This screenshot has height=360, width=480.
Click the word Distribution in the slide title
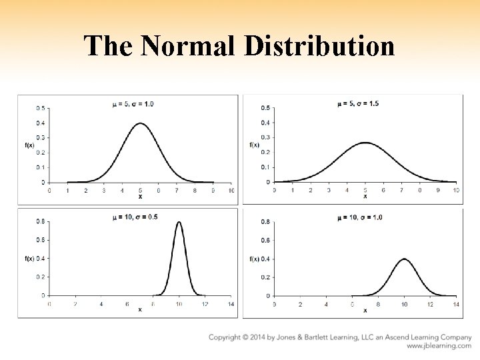[319, 46]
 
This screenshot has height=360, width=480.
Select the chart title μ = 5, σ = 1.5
[358, 103]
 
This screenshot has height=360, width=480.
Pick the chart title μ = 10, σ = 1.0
[360, 217]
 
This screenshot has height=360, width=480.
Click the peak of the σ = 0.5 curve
[179, 223]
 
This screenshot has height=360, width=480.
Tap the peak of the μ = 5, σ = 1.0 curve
[140, 123]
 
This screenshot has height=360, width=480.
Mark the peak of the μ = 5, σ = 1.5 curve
[365, 143]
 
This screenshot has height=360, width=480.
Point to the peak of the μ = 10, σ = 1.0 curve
[404, 259]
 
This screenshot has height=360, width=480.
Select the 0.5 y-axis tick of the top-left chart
[41, 108]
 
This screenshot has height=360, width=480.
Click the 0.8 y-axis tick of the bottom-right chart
[265, 221]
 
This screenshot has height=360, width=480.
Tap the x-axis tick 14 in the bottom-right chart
[456, 304]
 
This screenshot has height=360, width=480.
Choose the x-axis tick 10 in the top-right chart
[456, 190]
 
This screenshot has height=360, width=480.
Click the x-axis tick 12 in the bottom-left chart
[205, 304]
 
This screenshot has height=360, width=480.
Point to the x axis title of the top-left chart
[140, 197]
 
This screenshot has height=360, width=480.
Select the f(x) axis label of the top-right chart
[254, 145]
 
